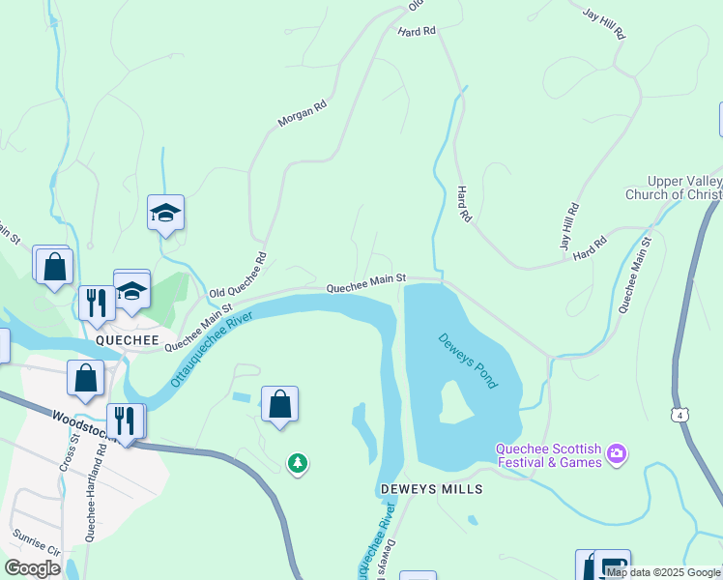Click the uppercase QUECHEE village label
pos(120,340)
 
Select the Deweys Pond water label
pos(468,361)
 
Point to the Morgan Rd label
pos(303,114)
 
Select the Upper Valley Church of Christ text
pos(683,188)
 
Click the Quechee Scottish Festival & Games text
pos(548,455)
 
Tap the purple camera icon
pos(617,453)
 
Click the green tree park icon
pos(299,465)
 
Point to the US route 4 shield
pos(682,415)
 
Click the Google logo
pos(32,568)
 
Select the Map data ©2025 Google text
pos(664,572)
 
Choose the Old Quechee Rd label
pos(237,277)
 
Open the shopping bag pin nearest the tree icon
pos(279,403)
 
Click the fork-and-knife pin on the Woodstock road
pos(125,420)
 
